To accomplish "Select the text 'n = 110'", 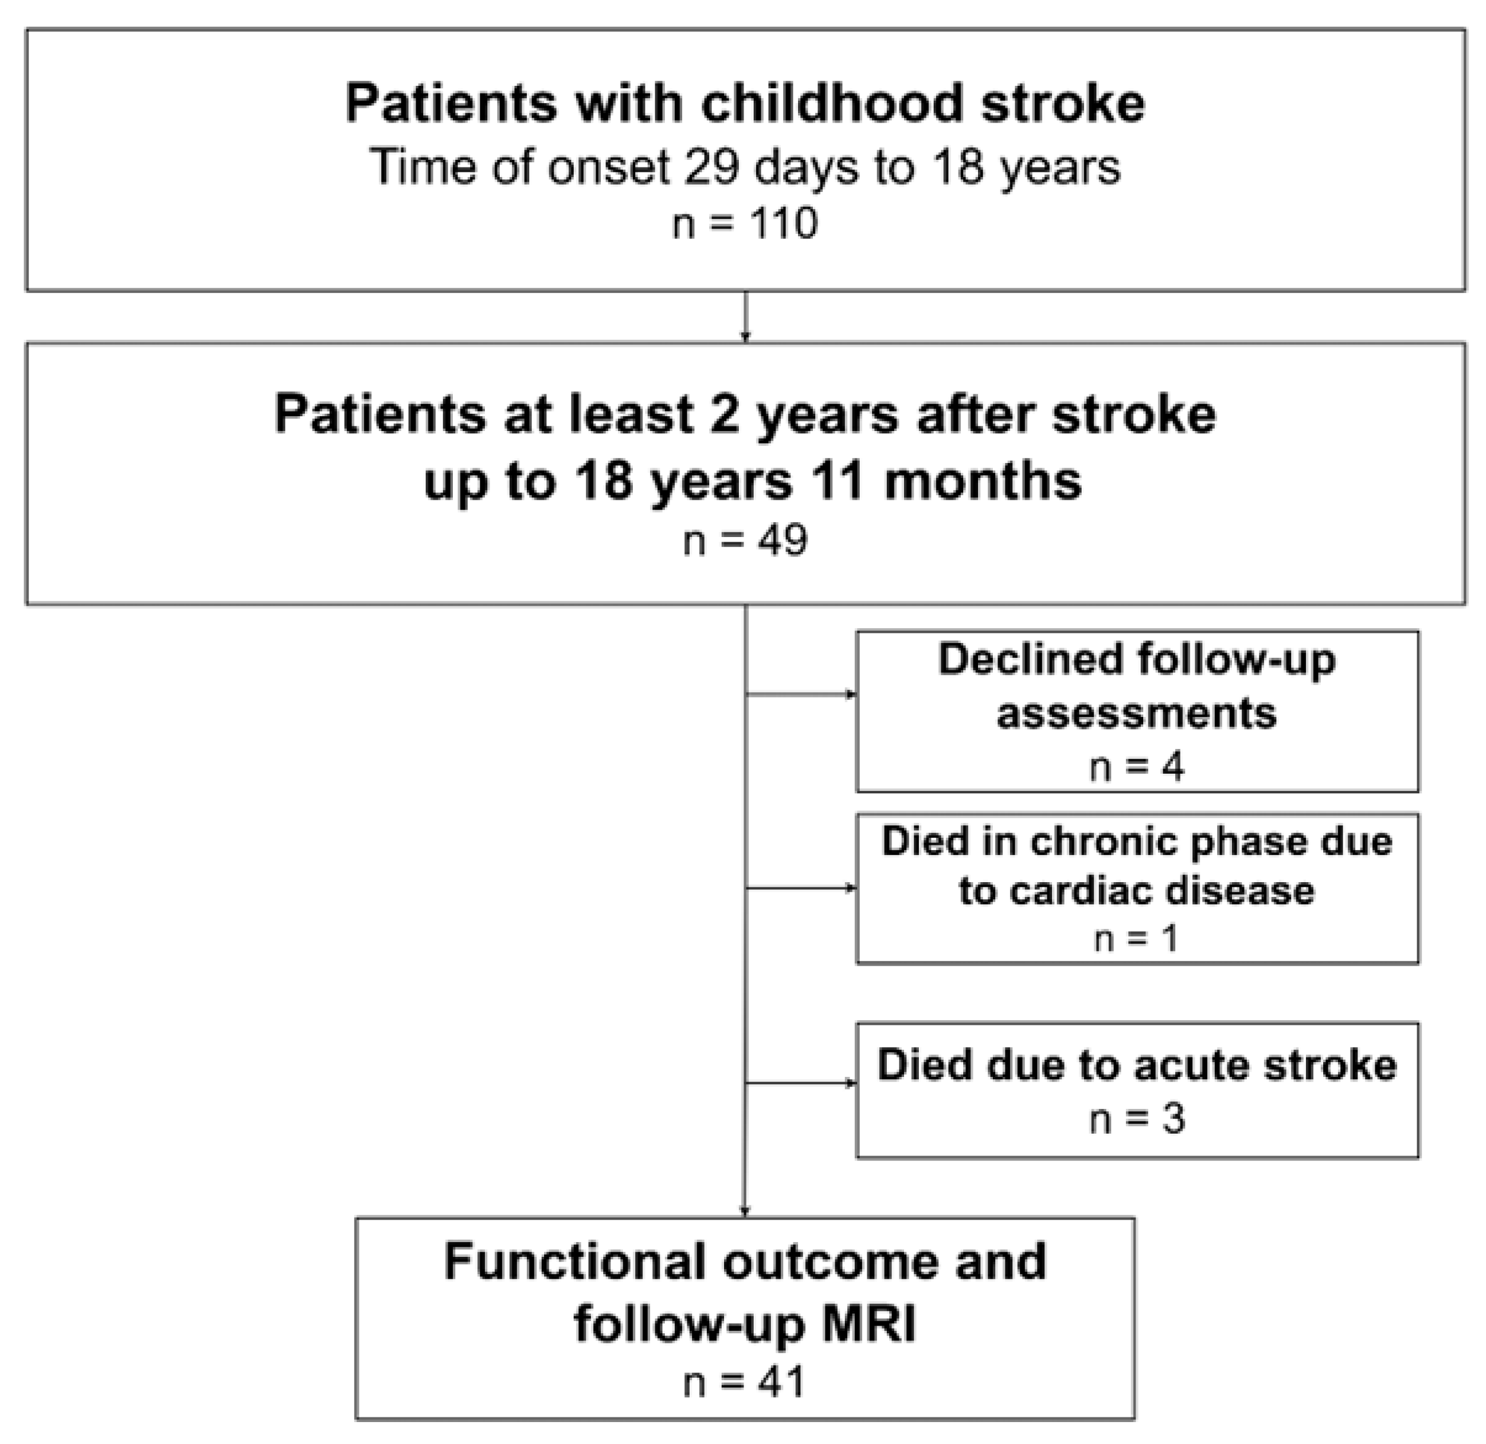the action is click(x=745, y=224).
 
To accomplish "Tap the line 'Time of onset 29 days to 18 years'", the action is click(x=745, y=167).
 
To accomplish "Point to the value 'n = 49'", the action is click(x=745, y=541).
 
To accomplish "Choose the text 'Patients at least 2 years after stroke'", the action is click(x=745, y=416).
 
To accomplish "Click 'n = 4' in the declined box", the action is click(x=1136, y=767).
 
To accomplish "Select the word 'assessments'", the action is click(x=1136, y=713).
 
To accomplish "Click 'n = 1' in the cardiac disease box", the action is click(x=1136, y=939).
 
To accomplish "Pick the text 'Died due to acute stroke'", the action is click(x=1136, y=1065).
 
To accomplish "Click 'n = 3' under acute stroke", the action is click(x=1136, y=1118).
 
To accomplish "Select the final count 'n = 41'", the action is click(x=744, y=1382).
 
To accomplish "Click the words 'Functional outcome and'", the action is click(x=745, y=1261).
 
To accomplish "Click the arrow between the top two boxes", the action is click(x=745, y=317).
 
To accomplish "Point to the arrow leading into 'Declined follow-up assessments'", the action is click(x=802, y=694).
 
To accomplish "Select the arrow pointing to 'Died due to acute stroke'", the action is click(x=802, y=1083).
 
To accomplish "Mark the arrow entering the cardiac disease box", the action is click(x=802, y=888).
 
